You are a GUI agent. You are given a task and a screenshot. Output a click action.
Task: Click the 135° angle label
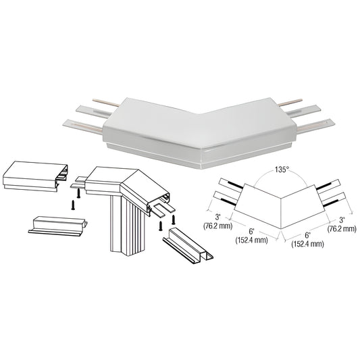282,170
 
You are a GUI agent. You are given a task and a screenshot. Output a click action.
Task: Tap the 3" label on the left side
217,217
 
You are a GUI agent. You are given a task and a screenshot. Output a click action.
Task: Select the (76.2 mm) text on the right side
342,228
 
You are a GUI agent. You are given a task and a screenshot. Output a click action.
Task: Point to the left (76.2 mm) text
217,226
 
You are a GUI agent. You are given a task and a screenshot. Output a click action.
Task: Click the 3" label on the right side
342,220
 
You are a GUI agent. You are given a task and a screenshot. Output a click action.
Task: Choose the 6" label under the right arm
307,235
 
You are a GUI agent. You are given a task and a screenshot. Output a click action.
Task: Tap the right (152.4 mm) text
307,244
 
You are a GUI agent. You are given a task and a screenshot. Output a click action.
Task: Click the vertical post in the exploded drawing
128,224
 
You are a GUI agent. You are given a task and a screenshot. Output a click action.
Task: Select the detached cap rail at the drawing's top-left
35,176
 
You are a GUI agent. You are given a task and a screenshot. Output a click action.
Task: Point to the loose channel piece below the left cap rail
58,226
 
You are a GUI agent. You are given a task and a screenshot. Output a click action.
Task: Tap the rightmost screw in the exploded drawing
174,220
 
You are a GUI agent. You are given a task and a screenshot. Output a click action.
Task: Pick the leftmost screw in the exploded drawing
73,205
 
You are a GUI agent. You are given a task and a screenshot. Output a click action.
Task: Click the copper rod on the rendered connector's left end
106,103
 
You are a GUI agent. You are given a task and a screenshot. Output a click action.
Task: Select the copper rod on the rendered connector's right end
290,103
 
